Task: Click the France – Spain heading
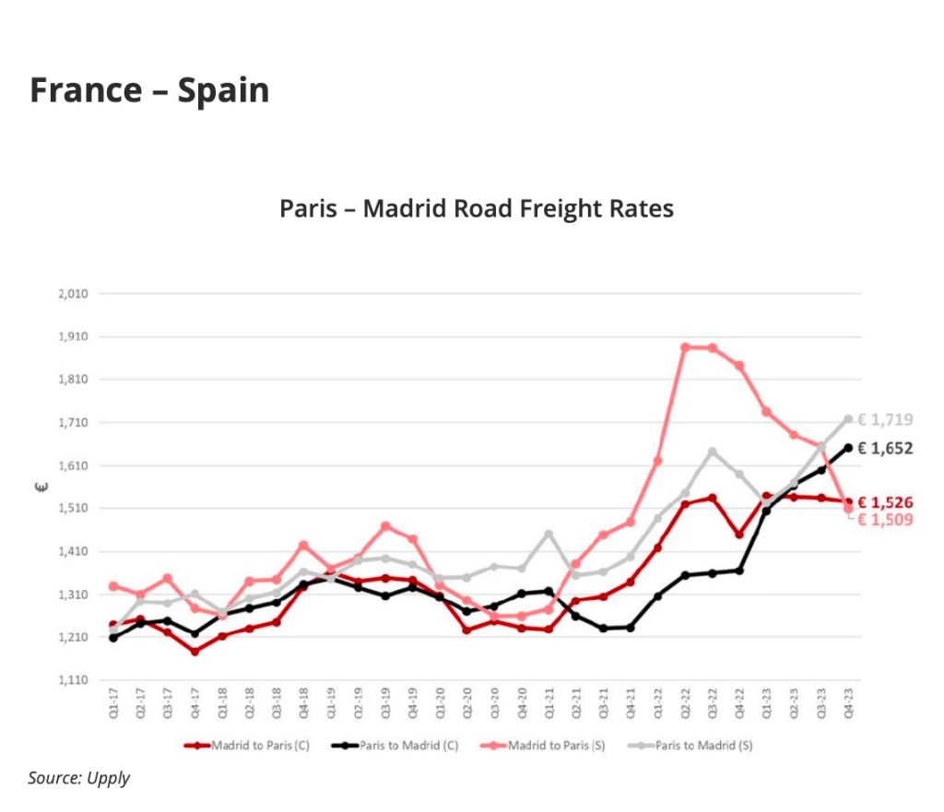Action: (149, 90)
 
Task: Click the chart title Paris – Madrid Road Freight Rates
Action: (477, 208)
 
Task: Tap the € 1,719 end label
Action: (885, 420)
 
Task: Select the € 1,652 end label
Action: (885, 449)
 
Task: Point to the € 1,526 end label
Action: (885, 502)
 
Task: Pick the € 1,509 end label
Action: (885, 520)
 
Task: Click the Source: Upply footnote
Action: (78, 778)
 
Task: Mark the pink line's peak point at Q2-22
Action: (685, 347)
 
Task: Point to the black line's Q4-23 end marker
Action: (848, 448)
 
